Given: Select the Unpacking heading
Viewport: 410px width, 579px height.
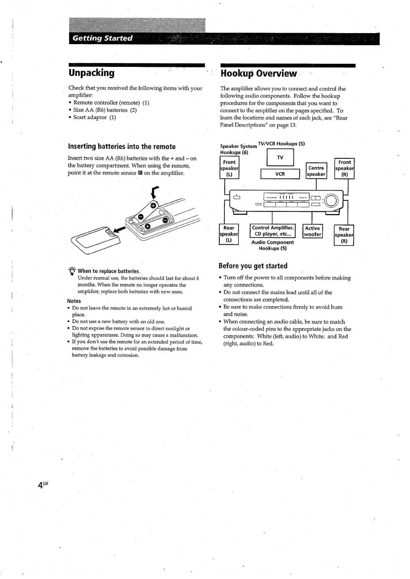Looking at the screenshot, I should click(91, 73).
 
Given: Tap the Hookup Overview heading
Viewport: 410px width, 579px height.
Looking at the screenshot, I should click(258, 73).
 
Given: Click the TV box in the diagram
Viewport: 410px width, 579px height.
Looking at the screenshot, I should click(280, 158).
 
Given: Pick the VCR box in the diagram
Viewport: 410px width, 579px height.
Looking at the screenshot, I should click(280, 174).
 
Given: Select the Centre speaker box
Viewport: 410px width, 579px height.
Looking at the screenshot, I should click(316, 171).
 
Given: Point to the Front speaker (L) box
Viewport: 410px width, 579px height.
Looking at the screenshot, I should click(229, 168).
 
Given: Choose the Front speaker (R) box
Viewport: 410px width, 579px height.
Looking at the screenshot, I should click(345, 168).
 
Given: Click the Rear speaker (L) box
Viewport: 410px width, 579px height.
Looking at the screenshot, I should click(229, 234).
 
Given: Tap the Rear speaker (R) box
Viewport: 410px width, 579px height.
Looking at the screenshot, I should click(344, 235).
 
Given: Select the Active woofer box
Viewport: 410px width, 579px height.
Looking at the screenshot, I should click(312, 231).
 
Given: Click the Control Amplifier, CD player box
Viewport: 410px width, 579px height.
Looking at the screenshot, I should click(273, 231).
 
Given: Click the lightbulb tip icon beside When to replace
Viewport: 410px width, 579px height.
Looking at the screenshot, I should click(72, 271).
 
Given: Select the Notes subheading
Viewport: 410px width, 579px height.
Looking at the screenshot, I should click(74, 301).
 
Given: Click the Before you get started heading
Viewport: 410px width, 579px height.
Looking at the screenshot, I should click(253, 266).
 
